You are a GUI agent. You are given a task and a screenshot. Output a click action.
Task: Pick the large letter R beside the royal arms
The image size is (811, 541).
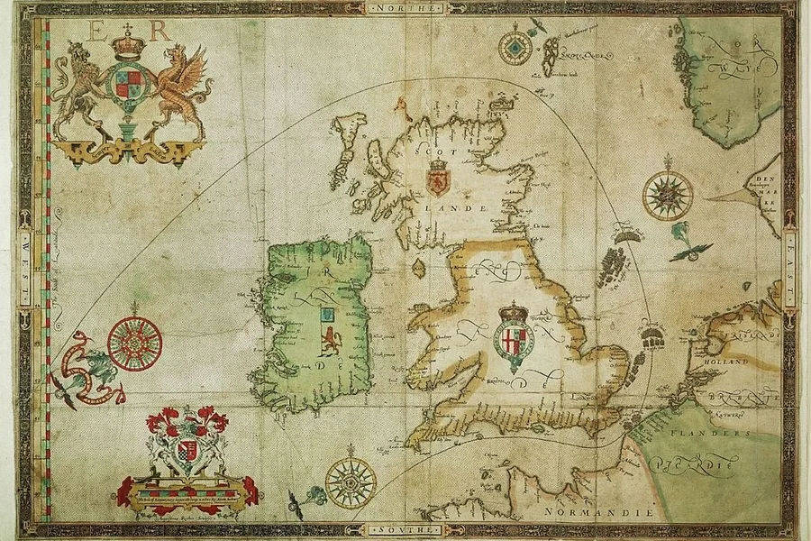pyautogui.click(x=160, y=30)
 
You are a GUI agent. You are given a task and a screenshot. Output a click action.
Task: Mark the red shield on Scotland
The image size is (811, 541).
pyautogui.click(x=438, y=179)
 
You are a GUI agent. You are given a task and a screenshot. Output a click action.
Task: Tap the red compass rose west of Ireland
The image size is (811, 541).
pyautogui.click(x=135, y=343)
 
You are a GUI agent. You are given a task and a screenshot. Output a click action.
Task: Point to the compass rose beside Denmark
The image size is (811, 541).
pyautogui.click(x=668, y=195)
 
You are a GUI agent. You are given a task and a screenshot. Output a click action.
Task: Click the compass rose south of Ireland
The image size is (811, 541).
pyautogui.click(x=351, y=482)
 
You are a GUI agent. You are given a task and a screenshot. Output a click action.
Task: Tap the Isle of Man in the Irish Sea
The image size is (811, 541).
pyautogui.click(x=418, y=268)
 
